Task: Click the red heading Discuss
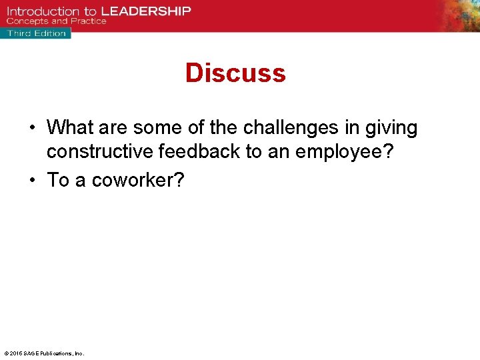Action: [235, 73]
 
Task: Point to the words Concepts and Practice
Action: [57, 21]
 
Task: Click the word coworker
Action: [137, 180]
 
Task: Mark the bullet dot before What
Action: [33, 128]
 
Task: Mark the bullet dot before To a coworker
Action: [33, 180]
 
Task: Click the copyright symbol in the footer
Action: [5, 353]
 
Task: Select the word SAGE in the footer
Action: [30, 353]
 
